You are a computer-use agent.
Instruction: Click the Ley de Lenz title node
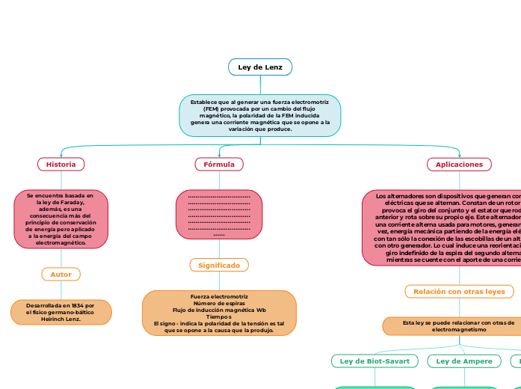coord(260,67)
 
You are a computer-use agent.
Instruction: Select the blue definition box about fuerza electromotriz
coord(260,116)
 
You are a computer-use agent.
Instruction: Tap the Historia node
coord(61,164)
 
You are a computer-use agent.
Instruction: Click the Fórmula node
coord(219,164)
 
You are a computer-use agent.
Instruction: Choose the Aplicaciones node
coord(459,164)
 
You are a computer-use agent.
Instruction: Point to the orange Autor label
coord(61,275)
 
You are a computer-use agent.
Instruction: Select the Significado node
coord(219,265)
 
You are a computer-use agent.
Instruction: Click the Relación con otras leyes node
coord(459,291)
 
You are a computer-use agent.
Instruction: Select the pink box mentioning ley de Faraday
coord(61,218)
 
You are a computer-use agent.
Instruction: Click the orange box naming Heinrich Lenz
coord(61,312)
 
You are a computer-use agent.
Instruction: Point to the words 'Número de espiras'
coord(219,303)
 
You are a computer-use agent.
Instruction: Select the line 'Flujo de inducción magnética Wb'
coord(219,310)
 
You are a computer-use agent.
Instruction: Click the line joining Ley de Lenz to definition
coord(260,85)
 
